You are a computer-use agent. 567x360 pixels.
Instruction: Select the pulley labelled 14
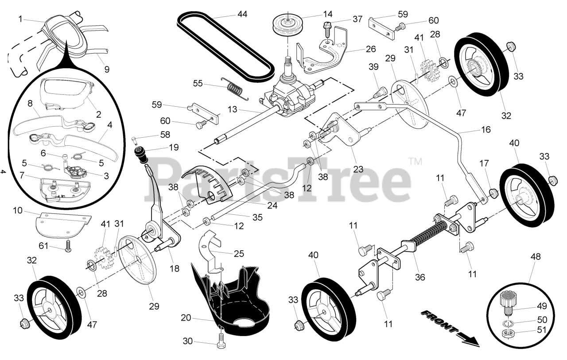[287, 24]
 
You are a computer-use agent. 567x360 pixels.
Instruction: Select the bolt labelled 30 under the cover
[220, 339]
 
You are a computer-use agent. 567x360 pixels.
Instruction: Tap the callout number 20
[186, 317]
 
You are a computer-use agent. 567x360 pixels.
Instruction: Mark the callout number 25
[238, 254]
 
